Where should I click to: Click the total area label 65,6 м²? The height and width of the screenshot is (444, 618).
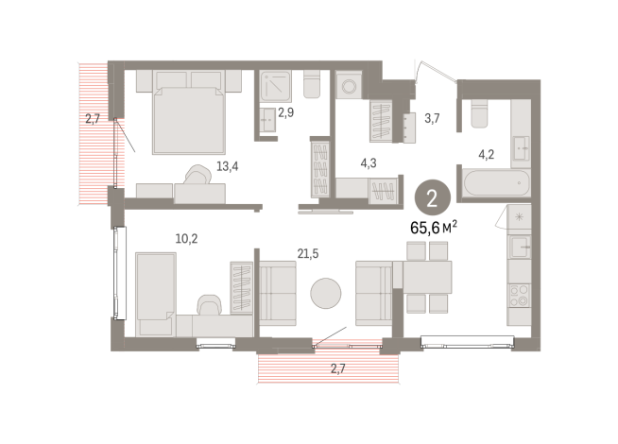pos(433,227)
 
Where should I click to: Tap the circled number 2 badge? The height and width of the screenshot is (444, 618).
pos(432,198)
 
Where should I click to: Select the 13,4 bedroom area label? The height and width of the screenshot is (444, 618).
pos(226,167)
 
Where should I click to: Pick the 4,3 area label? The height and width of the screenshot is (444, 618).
pos(369,162)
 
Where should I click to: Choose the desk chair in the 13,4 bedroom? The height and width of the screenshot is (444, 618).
pos(199,177)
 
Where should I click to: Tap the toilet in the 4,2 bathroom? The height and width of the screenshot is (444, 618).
pos(475,114)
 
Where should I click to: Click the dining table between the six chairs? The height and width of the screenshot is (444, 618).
pos(427,275)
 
